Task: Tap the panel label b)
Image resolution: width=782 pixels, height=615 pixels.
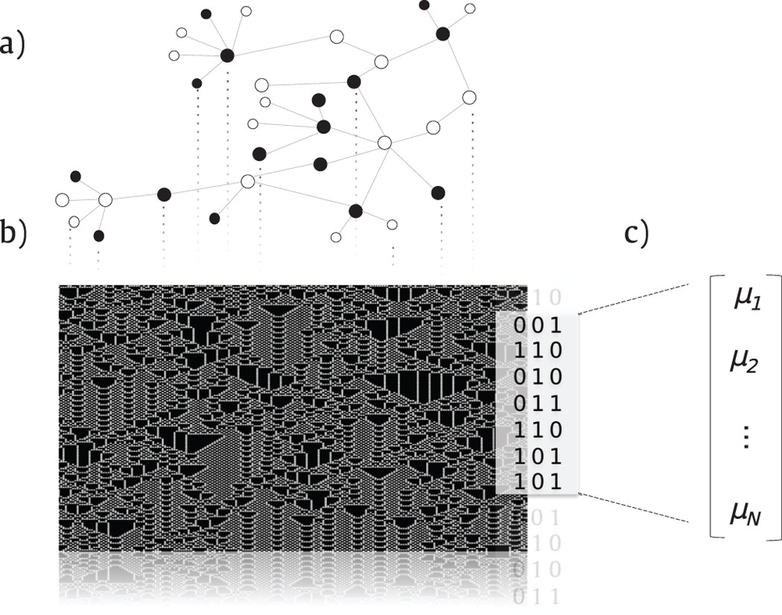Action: click(13, 232)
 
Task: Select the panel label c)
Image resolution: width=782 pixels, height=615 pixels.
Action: click(636, 232)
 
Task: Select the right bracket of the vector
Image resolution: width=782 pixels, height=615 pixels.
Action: click(777, 406)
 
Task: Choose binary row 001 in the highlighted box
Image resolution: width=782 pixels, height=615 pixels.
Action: click(536, 325)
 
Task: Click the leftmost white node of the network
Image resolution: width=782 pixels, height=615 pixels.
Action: click(63, 200)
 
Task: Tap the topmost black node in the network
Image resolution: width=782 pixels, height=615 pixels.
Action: click(425, 5)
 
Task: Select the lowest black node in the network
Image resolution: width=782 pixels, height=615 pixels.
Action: click(98, 236)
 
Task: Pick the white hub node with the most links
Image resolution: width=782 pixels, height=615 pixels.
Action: click(384, 141)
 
